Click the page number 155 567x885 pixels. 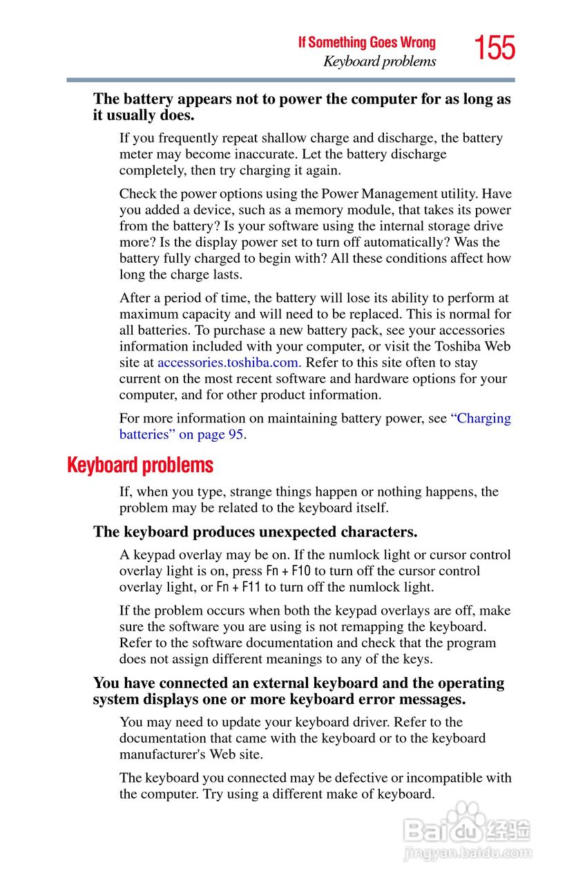click(x=494, y=48)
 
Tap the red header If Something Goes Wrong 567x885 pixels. click(x=367, y=42)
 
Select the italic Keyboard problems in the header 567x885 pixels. click(x=380, y=62)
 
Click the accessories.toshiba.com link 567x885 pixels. click(x=229, y=362)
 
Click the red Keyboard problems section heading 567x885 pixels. click(x=140, y=465)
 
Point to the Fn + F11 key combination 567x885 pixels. click(x=239, y=587)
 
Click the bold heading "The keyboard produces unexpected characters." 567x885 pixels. click(x=255, y=532)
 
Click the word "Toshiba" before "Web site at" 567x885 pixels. click(x=459, y=346)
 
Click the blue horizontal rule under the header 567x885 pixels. click(x=291, y=80)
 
